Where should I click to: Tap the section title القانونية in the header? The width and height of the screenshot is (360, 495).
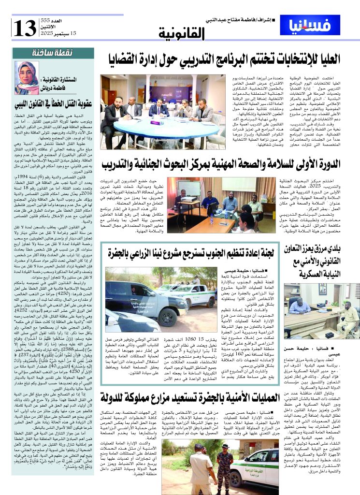182,33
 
